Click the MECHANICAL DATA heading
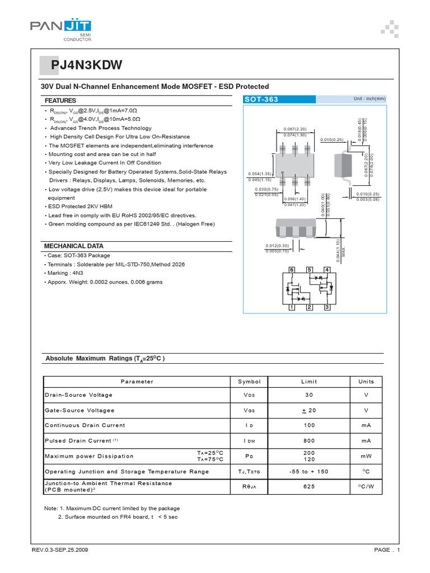pos(74,246)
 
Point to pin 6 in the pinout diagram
pos(292,270)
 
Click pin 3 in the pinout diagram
pos(327,308)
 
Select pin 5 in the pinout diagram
pos(309,270)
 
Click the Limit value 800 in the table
pos(309,441)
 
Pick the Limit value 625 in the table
pos(309,487)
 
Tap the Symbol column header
pos(249,382)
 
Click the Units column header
pos(366,382)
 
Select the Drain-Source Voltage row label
pos(79,395)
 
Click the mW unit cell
pos(366,456)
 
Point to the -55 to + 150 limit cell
pos(309,472)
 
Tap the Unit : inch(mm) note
pos(370,98)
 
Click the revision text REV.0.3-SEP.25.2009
pos(60,550)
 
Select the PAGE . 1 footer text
pos(386,550)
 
